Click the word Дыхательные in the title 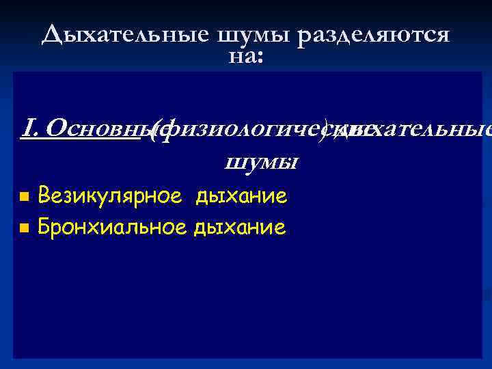[x=123, y=34]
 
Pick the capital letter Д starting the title [x=50, y=34]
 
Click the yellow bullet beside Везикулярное [x=24, y=197]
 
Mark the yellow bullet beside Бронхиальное [x=24, y=227]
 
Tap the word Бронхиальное [x=112, y=226]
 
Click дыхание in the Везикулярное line [x=241, y=197]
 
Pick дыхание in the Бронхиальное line [x=240, y=226]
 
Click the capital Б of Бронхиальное [x=44, y=226]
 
